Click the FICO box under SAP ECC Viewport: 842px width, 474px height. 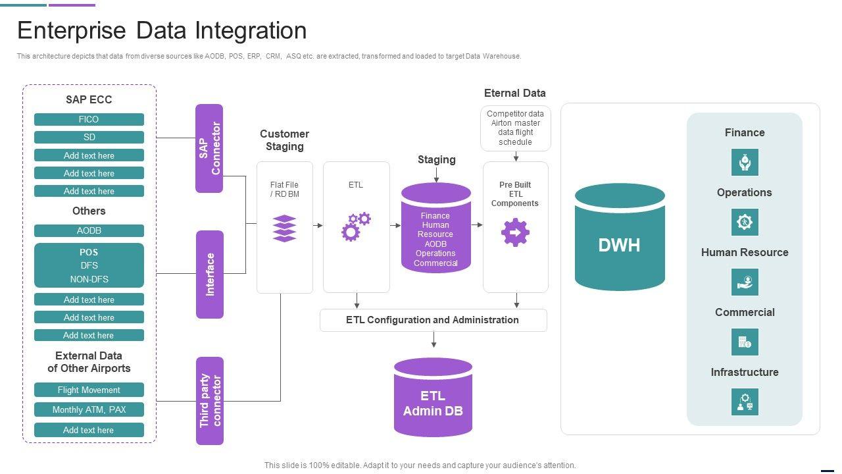(x=89, y=119)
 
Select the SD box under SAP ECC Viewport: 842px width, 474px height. (x=89, y=137)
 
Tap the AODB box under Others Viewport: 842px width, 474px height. (x=89, y=230)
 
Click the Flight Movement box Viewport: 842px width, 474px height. (x=89, y=390)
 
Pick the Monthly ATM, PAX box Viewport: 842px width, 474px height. (x=89, y=409)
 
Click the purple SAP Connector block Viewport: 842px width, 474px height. (x=209, y=148)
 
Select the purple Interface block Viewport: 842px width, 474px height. (x=209, y=274)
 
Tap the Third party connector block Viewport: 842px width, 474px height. (x=210, y=401)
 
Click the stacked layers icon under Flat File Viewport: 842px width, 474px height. (x=284, y=228)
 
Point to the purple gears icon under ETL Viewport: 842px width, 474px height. (x=355, y=226)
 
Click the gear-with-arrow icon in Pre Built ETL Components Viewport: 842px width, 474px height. (x=515, y=232)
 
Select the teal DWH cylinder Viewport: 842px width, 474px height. (x=620, y=237)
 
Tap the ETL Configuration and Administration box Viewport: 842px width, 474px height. (x=433, y=320)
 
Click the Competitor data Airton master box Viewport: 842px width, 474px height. (x=515, y=128)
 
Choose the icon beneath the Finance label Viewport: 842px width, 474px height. (x=745, y=162)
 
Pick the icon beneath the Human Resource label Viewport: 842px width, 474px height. (x=745, y=282)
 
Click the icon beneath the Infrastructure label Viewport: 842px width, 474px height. (x=745, y=402)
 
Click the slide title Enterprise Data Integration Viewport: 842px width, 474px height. (x=162, y=31)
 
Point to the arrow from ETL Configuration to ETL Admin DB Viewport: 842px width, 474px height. (x=433, y=340)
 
